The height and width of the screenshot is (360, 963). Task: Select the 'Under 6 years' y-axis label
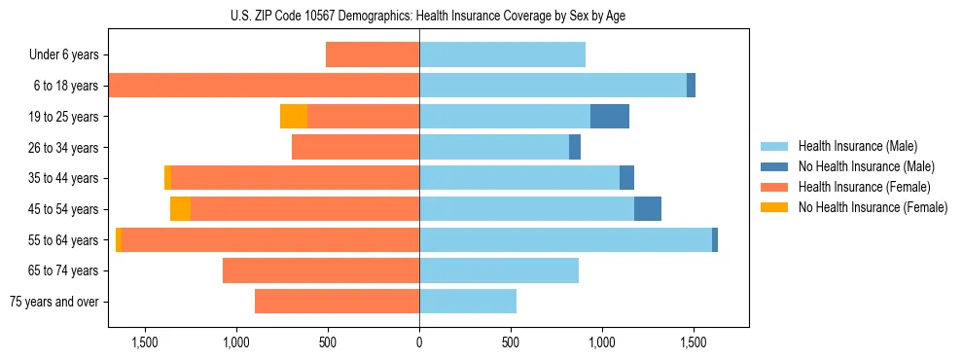[x=64, y=55]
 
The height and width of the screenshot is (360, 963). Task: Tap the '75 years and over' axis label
[x=54, y=302]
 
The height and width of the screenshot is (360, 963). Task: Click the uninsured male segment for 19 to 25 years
[x=610, y=117]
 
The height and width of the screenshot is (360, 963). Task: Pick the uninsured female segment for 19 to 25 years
[x=294, y=117]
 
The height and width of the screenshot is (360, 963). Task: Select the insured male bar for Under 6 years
[x=502, y=55]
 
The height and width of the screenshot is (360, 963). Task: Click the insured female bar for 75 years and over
[x=337, y=302]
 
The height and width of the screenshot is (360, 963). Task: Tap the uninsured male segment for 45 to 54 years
[x=648, y=209]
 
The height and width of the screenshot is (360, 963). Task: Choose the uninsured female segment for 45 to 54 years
[x=180, y=209]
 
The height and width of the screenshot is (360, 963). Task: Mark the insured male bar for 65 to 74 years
[x=499, y=270]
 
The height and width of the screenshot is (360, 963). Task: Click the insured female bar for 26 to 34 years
[x=355, y=148]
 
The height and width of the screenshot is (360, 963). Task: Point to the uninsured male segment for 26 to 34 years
[x=575, y=148]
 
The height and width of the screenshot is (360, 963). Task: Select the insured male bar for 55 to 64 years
[x=565, y=240]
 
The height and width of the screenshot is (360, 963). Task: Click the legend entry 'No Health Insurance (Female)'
[x=872, y=207]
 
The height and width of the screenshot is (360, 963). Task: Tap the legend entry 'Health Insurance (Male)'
[x=857, y=146]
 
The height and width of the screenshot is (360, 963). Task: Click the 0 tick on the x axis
[x=419, y=342]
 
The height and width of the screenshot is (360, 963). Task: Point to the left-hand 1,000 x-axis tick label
[x=236, y=342]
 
